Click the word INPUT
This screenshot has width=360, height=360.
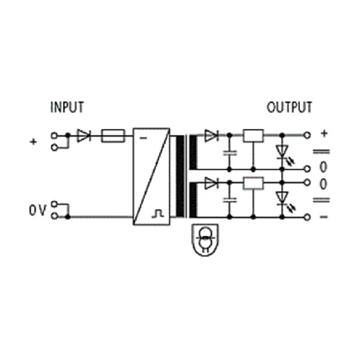pos(67,107)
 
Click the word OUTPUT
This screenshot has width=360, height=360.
pos(289,107)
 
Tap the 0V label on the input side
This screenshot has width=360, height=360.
pos(38,210)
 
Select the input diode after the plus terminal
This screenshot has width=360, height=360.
pos(84,136)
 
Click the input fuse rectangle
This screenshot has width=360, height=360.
pos(113,136)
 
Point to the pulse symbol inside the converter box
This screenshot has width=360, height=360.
pos(158,213)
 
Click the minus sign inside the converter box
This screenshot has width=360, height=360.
pos(143,138)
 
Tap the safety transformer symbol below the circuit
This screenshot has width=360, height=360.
pos(205,240)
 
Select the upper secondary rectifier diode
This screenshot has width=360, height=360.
pos(212,136)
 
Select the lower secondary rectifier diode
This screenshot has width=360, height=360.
pos(212,183)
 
